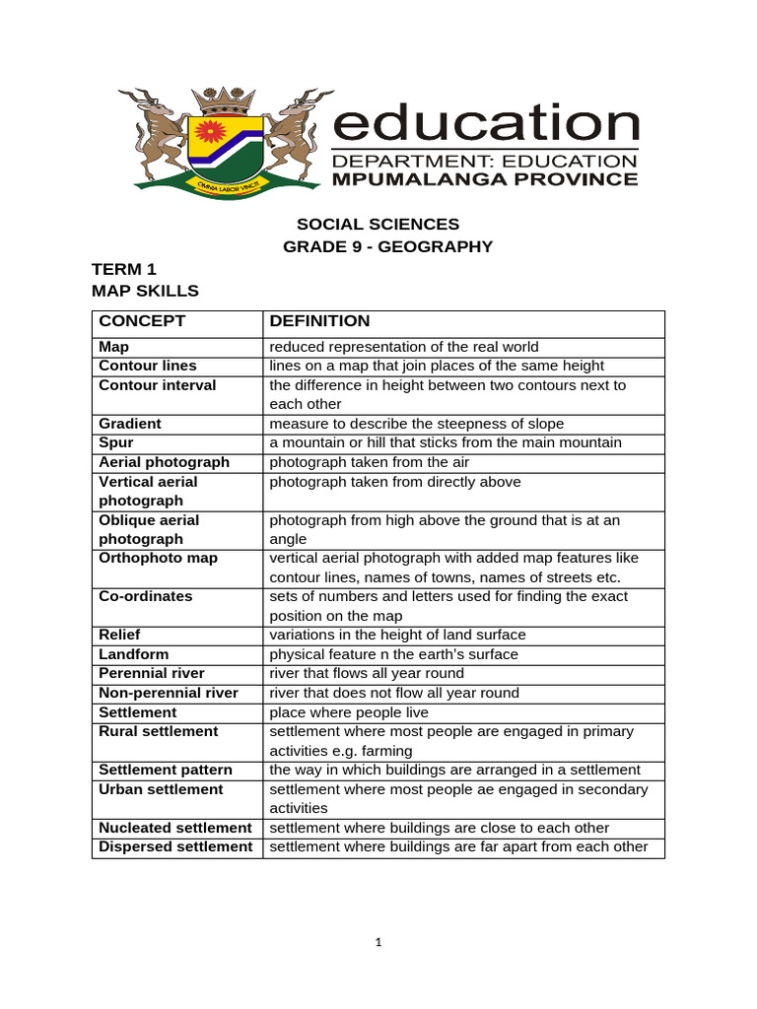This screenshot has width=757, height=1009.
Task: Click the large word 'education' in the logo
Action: pyautogui.click(x=486, y=125)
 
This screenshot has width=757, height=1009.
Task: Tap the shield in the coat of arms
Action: pyautogui.click(x=228, y=144)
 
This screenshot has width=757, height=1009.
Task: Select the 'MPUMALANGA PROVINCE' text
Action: pyautogui.click(x=485, y=179)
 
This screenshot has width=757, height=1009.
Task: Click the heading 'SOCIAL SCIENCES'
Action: pyautogui.click(x=378, y=225)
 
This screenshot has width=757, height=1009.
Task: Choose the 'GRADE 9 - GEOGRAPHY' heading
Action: pyautogui.click(x=387, y=246)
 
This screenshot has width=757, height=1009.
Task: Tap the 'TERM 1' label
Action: pyautogui.click(x=124, y=269)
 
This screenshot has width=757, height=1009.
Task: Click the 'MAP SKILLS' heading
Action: pyautogui.click(x=145, y=291)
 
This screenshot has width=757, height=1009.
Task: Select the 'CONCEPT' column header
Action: pyautogui.click(x=142, y=321)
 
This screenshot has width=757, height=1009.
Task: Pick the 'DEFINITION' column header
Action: pyautogui.click(x=320, y=321)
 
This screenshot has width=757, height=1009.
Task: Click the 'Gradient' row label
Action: pyautogui.click(x=130, y=424)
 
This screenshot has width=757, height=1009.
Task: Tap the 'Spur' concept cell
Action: pyautogui.click(x=115, y=442)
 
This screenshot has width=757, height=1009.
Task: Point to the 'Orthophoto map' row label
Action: pyautogui.click(x=159, y=558)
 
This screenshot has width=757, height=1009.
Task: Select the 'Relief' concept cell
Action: pyautogui.click(x=119, y=635)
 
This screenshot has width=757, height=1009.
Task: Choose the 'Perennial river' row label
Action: pyautogui.click(x=152, y=673)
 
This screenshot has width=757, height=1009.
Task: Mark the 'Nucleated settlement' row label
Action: pyautogui.click(x=175, y=828)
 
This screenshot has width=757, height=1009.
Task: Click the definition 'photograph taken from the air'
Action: pyautogui.click(x=371, y=462)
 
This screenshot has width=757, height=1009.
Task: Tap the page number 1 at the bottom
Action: pyautogui.click(x=378, y=942)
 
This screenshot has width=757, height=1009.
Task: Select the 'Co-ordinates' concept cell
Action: pyautogui.click(x=146, y=596)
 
